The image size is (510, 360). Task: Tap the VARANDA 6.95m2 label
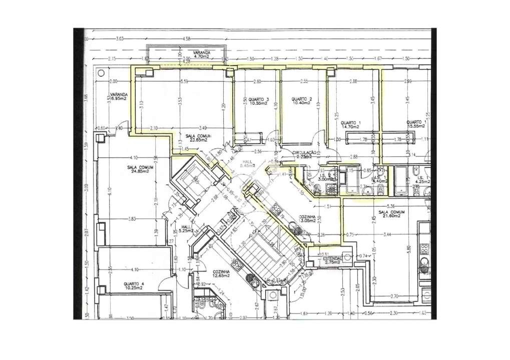(119, 96)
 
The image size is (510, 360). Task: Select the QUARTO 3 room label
(258, 101)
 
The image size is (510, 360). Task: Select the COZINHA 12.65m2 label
(220, 273)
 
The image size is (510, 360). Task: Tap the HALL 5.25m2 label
(186, 228)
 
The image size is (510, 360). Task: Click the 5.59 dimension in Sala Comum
(184, 81)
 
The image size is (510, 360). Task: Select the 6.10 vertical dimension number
(109, 192)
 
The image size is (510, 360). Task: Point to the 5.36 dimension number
(390, 206)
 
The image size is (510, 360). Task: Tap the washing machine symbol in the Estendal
(347, 257)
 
